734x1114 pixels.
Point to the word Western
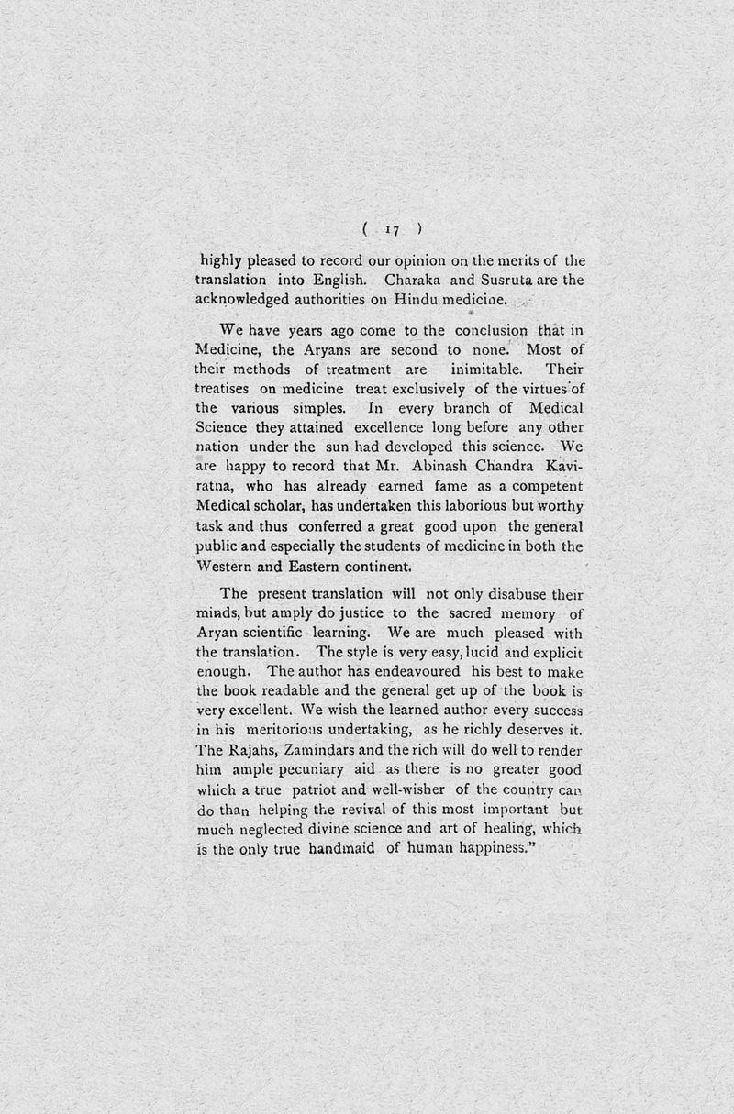click(x=224, y=566)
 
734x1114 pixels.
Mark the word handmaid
click(x=331, y=848)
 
